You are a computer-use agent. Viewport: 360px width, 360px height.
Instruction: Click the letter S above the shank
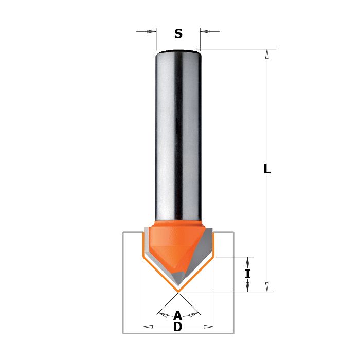click(178, 33)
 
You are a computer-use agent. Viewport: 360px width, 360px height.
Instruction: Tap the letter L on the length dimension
click(267, 169)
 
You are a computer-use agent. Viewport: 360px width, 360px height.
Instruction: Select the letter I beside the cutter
click(248, 274)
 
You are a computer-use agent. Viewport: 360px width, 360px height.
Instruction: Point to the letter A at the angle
click(178, 315)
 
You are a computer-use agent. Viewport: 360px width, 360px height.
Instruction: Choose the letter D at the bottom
click(178, 327)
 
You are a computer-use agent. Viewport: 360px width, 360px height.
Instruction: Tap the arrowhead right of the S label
click(205, 31)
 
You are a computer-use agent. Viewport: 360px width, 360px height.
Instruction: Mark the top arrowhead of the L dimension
click(267, 53)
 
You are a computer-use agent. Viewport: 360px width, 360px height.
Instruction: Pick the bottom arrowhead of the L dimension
click(267, 287)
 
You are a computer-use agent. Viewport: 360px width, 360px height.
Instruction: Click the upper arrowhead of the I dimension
click(247, 261)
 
